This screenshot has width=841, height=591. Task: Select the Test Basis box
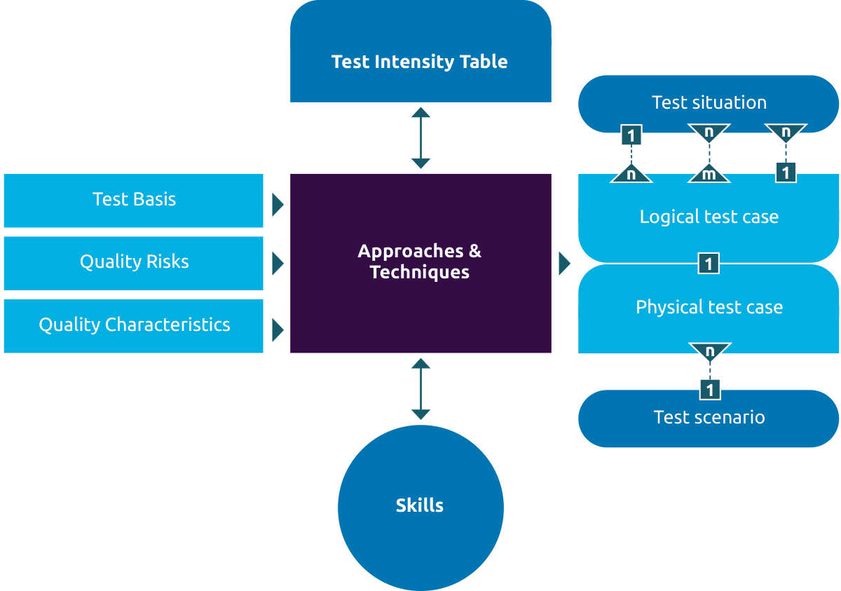(x=133, y=201)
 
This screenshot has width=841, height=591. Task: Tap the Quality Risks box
(x=133, y=263)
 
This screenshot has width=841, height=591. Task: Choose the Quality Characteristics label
(x=135, y=325)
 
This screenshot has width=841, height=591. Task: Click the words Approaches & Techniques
(x=420, y=261)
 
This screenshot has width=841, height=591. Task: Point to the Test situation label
(x=709, y=103)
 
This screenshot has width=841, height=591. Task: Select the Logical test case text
(x=709, y=217)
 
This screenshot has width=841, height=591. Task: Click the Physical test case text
(x=709, y=308)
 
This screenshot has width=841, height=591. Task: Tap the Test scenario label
(x=709, y=418)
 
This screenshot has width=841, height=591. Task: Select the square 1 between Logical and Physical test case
(x=709, y=264)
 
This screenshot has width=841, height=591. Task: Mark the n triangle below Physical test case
(x=710, y=350)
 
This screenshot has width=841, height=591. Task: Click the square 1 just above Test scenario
(x=710, y=389)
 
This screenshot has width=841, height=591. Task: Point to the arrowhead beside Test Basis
(x=278, y=205)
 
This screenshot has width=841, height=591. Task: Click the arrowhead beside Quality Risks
(x=278, y=264)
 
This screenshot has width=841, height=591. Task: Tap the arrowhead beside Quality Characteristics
(x=278, y=329)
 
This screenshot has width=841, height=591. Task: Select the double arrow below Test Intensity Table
(x=420, y=138)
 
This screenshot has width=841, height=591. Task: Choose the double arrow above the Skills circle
(x=420, y=388)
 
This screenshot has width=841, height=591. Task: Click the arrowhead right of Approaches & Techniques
(x=564, y=264)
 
